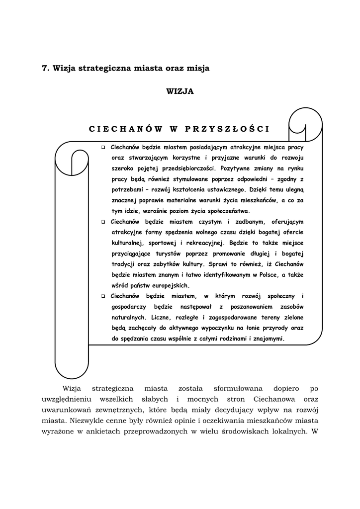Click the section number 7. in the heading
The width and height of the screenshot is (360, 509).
[45, 69]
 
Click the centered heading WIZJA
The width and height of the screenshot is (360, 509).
[180, 91]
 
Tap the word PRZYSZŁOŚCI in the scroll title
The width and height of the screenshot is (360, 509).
[227, 129]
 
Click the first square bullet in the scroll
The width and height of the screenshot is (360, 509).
[103, 148]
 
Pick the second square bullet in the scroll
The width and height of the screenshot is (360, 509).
[103, 222]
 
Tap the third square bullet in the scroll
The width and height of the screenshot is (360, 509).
[103, 296]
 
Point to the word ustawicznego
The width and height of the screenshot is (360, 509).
[220, 190]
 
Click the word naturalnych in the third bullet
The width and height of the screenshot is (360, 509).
[128, 317]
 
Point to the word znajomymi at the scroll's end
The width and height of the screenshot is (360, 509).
[268, 339]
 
